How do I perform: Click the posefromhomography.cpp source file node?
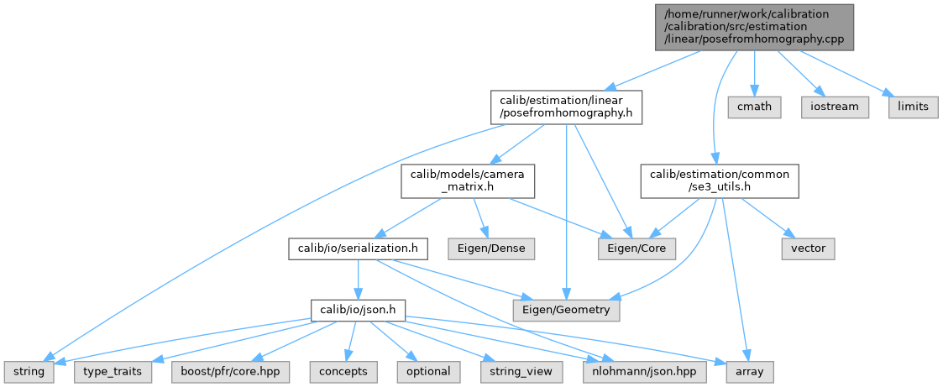point(753,26)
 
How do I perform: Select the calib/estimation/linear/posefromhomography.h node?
point(566,107)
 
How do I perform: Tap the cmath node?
point(753,107)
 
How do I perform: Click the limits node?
point(913,107)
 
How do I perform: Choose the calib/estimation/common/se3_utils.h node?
point(720,180)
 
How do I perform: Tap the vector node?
point(808,248)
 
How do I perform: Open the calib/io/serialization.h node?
point(359,248)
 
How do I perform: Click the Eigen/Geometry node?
point(568,311)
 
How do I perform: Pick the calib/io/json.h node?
point(359,311)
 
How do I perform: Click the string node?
point(29,370)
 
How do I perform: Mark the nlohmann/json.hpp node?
point(624,370)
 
